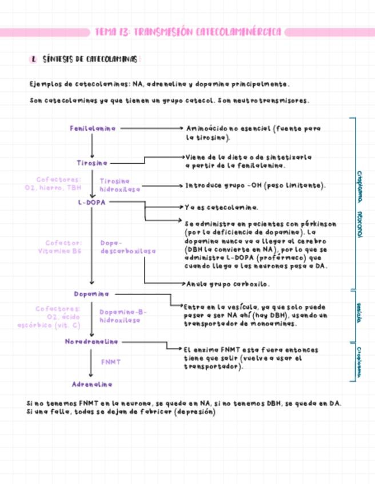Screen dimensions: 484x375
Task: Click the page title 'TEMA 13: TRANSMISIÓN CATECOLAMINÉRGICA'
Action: pyautogui.click(x=189, y=32)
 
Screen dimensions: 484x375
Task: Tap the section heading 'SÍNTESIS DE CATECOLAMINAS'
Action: pyautogui.click(x=90, y=59)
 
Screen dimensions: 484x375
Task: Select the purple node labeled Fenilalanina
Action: pyautogui.click(x=93, y=128)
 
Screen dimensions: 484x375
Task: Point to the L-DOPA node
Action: pyautogui.click(x=92, y=202)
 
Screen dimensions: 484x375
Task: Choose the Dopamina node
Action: pyautogui.click(x=91, y=294)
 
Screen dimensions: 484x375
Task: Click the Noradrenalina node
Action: pyautogui.click(x=91, y=341)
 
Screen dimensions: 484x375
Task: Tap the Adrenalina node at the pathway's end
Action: pyautogui.click(x=92, y=384)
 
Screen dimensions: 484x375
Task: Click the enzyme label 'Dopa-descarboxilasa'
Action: pyautogui.click(x=127, y=247)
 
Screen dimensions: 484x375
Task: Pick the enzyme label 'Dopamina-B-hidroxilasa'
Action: pyautogui.click(x=123, y=316)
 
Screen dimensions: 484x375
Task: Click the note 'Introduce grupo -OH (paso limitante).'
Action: pyautogui.click(x=256, y=185)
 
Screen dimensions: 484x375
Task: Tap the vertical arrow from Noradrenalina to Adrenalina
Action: pyautogui.click(x=91, y=362)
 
